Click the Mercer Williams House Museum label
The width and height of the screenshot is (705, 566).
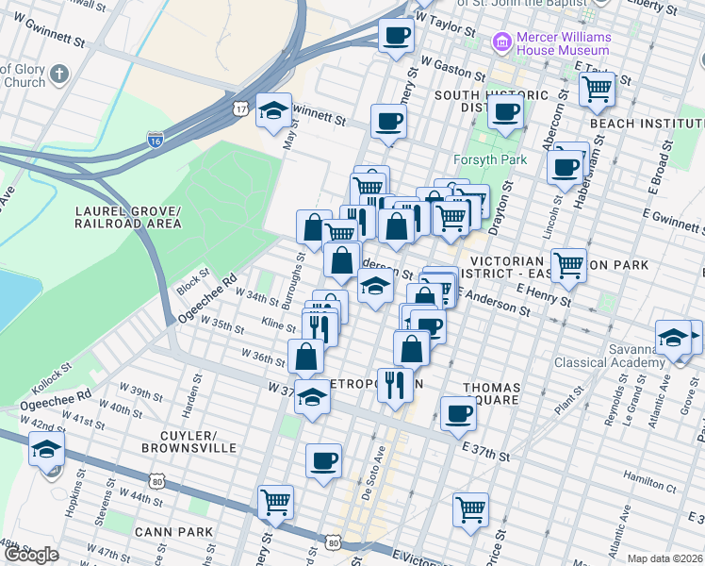(563, 43)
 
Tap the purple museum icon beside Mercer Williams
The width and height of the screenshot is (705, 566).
(500, 42)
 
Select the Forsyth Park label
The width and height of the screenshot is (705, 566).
(489, 159)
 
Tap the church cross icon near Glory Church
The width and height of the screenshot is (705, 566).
(59, 75)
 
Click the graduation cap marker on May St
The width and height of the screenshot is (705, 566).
(273, 110)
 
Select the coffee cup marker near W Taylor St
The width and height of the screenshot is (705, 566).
(396, 36)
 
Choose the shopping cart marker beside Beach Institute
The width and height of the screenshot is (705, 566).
(597, 90)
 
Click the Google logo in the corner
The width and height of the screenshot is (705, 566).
(31, 555)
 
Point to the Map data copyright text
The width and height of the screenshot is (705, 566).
(664, 558)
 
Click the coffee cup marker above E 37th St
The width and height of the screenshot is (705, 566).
(458, 413)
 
